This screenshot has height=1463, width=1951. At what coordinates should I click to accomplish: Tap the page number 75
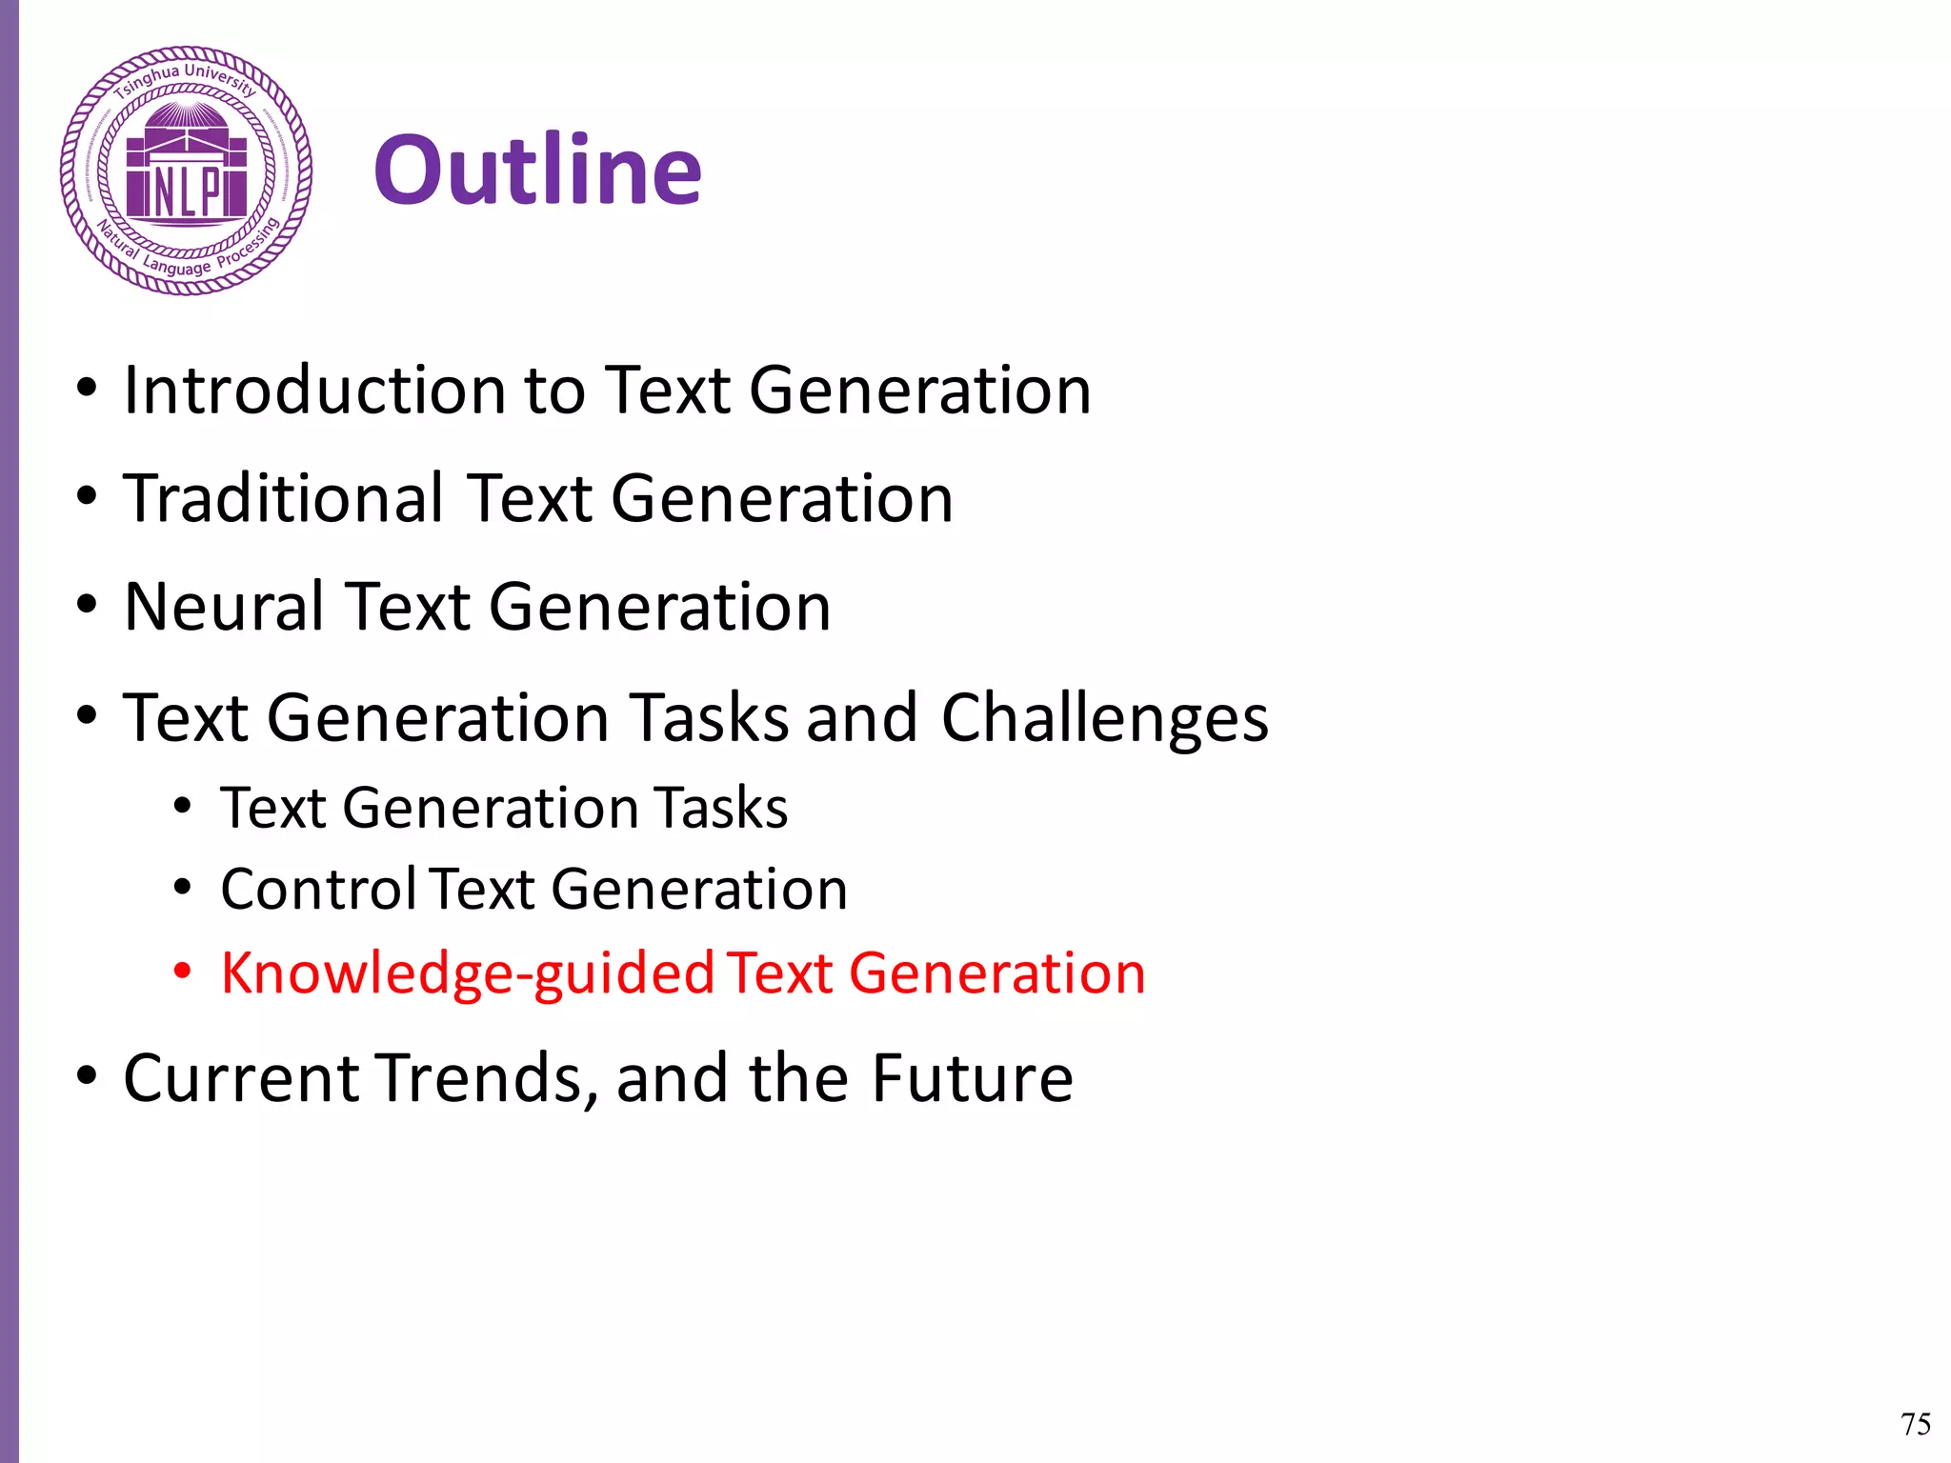click(x=1915, y=1424)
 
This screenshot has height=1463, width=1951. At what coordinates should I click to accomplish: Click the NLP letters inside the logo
click(x=187, y=190)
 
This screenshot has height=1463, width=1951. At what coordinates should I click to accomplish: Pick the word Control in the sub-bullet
click(x=318, y=889)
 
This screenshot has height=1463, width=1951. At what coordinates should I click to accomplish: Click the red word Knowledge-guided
click(x=468, y=973)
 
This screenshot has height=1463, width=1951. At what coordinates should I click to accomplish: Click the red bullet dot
click(x=183, y=972)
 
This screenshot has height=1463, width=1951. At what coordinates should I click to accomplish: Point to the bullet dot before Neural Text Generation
click(x=87, y=605)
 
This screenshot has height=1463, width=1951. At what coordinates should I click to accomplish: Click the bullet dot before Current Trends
click(x=87, y=1075)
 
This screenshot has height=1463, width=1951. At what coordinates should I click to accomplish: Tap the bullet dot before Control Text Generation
click(x=183, y=888)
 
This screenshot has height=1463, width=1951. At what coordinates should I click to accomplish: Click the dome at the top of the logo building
click(x=186, y=118)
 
